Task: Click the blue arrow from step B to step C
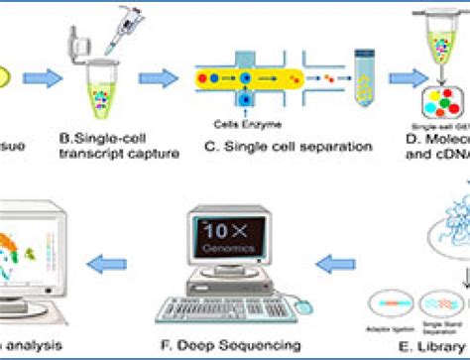[157, 77]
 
